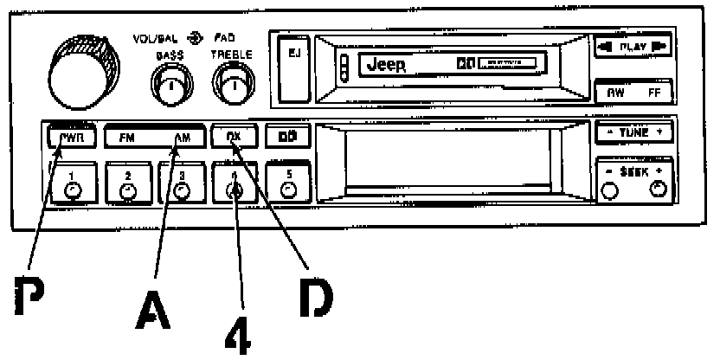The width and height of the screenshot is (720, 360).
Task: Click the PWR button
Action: tap(67, 137)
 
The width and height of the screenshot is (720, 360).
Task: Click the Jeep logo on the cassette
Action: tap(387, 65)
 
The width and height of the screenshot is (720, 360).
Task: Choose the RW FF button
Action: tap(633, 91)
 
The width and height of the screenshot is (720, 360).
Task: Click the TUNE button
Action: tap(633, 134)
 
